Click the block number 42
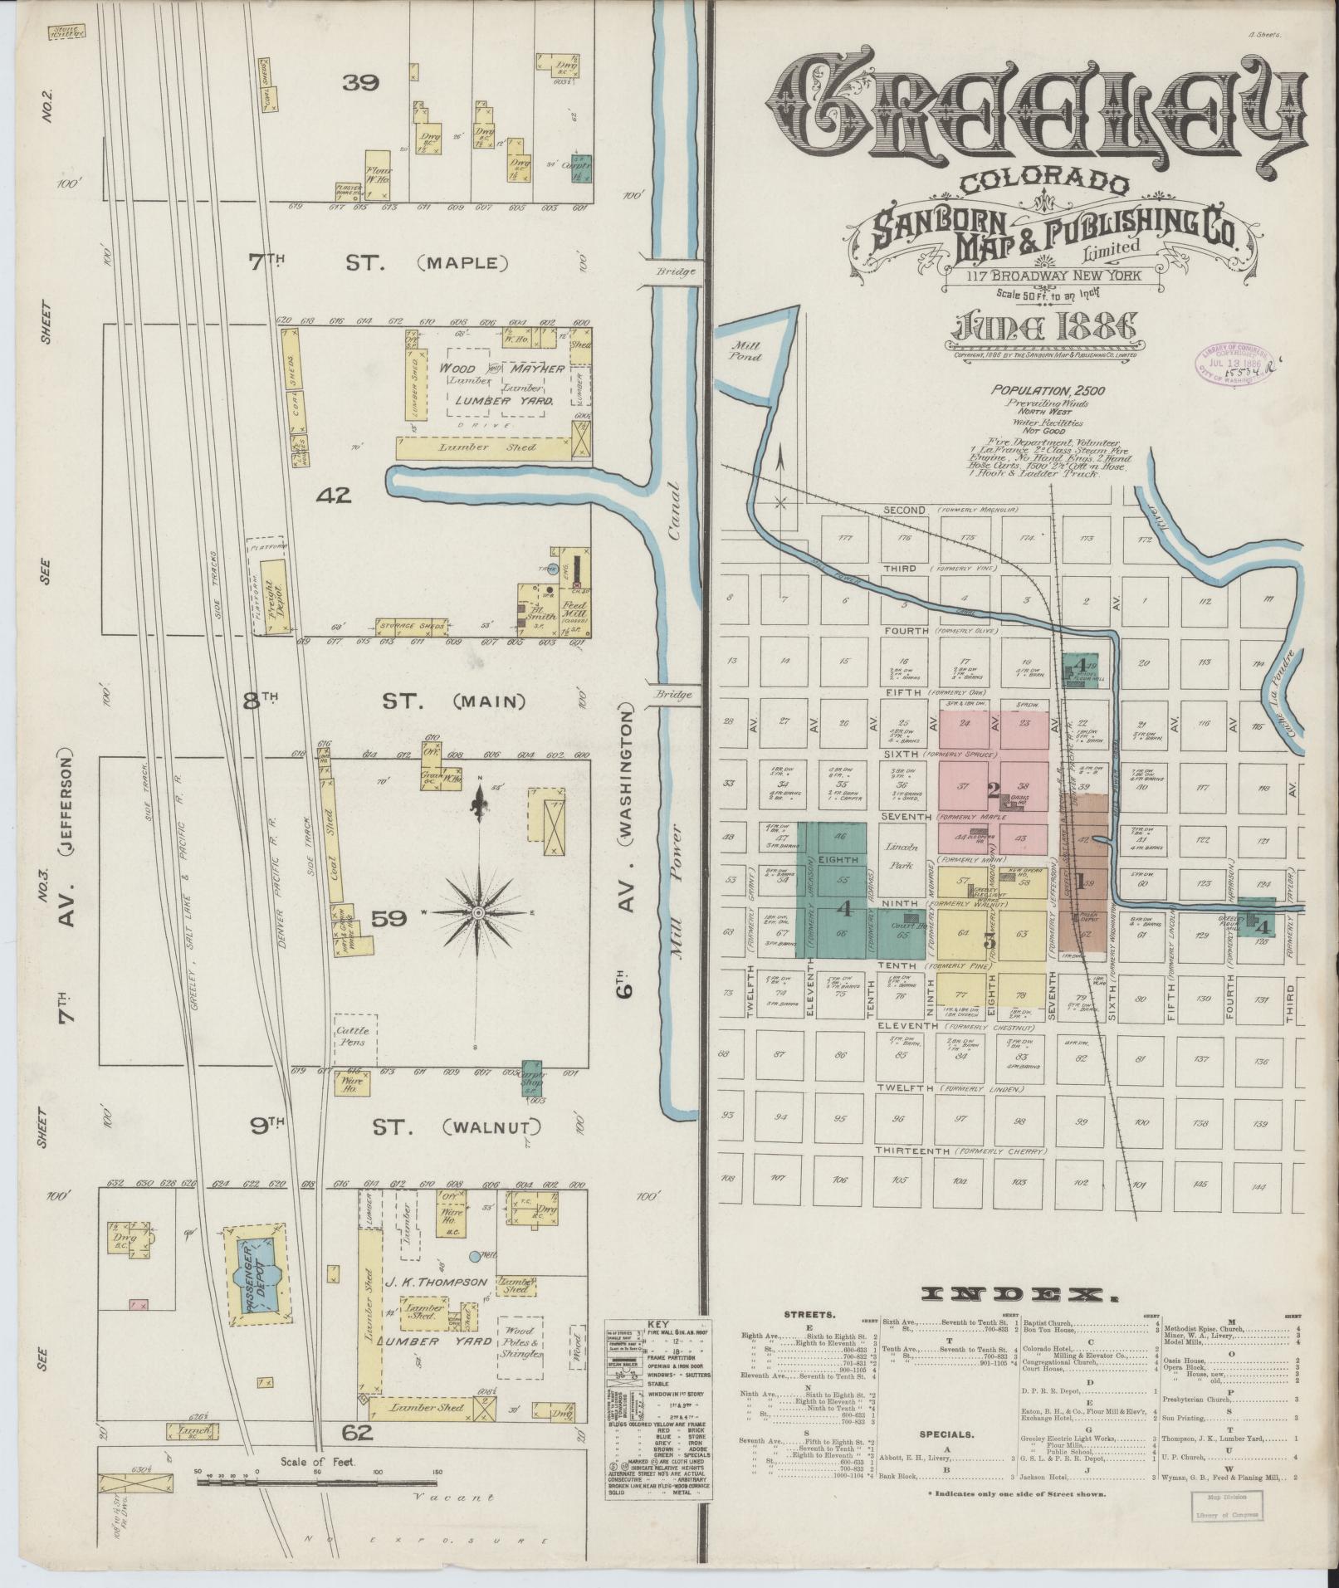tap(334, 496)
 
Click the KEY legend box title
tap(657, 1323)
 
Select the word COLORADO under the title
tap(1044, 182)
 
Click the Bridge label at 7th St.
tap(667, 271)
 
